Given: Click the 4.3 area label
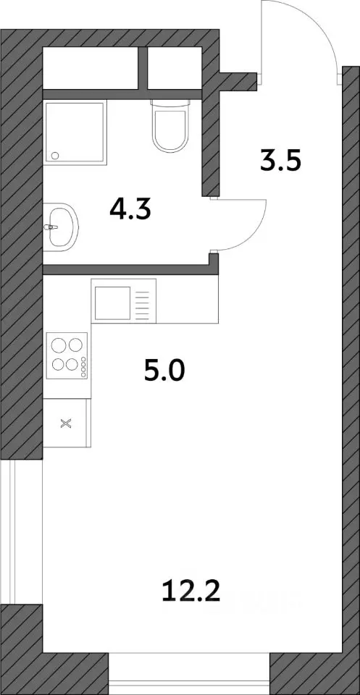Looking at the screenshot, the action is (130, 210).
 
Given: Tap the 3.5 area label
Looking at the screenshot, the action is (280, 161).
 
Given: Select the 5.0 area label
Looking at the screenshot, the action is (164, 371).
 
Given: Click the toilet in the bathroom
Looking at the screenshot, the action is (170, 125).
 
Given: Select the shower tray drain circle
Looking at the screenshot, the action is (56, 155).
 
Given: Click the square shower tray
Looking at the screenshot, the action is (75, 132).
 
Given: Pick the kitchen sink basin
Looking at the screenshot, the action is (112, 303).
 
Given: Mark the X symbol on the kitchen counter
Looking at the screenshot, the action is (66, 424).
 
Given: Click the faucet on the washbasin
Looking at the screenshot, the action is (51, 227).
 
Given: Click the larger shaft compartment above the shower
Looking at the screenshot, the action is (91, 68).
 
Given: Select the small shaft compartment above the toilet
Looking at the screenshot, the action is (175, 68).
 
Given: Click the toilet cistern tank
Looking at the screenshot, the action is (170, 104).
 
